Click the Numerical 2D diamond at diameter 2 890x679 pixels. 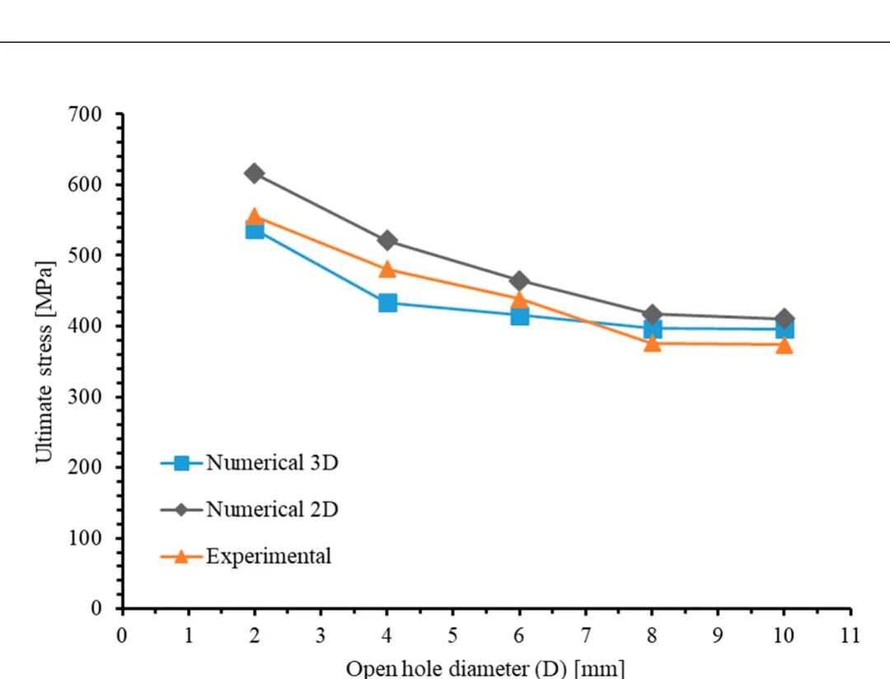click(255, 173)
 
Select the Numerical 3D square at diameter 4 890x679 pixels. click(387, 302)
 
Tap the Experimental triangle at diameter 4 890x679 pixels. click(387, 269)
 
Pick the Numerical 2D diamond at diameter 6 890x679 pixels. click(519, 281)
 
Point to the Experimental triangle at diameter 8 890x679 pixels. click(652, 343)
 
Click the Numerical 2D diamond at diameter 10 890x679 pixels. click(785, 319)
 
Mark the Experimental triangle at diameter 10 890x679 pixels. click(785, 344)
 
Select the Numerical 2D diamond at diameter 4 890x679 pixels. click(387, 241)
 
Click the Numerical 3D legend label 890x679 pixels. click(272, 463)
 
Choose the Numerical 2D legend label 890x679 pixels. click(272, 509)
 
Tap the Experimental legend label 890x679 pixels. click(269, 555)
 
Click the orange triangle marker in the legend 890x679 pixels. click(181, 556)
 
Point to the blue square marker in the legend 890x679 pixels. click(181, 463)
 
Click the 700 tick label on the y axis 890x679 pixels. click(85, 114)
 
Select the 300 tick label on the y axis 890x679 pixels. click(85, 396)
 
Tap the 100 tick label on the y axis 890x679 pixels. click(85, 537)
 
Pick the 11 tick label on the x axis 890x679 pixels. click(850, 635)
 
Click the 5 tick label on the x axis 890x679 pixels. click(452, 635)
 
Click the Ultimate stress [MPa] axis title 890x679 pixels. click(44, 363)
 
